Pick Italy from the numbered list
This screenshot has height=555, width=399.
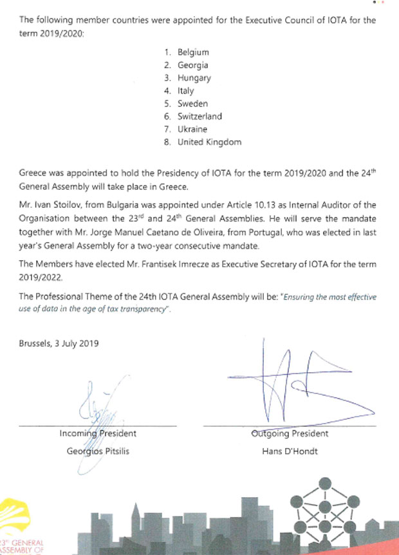click(186, 91)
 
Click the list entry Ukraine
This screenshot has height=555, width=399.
click(194, 129)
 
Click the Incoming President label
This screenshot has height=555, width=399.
click(98, 433)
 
